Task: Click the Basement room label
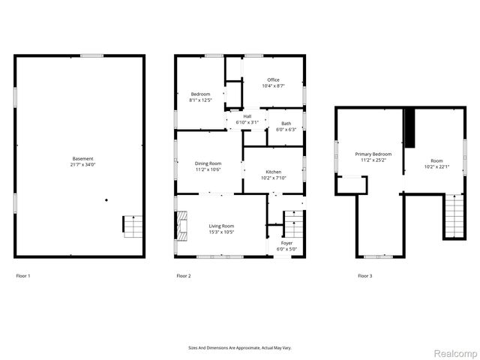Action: click(83, 158)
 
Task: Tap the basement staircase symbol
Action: click(132, 225)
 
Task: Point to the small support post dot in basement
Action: click(106, 199)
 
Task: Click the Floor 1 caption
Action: click(23, 276)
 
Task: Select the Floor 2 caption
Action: click(183, 276)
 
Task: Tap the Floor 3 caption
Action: click(364, 276)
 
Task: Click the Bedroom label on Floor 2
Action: click(200, 94)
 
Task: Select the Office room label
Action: click(273, 80)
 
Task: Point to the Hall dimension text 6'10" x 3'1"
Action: click(247, 122)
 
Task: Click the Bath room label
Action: click(286, 124)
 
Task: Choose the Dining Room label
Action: click(208, 163)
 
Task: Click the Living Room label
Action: click(221, 226)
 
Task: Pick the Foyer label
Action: click(286, 243)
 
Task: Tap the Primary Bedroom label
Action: click(373, 154)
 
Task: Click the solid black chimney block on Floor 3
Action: click(409, 129)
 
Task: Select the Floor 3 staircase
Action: click(454, 215)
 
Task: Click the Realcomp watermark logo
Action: click(455, 352)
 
